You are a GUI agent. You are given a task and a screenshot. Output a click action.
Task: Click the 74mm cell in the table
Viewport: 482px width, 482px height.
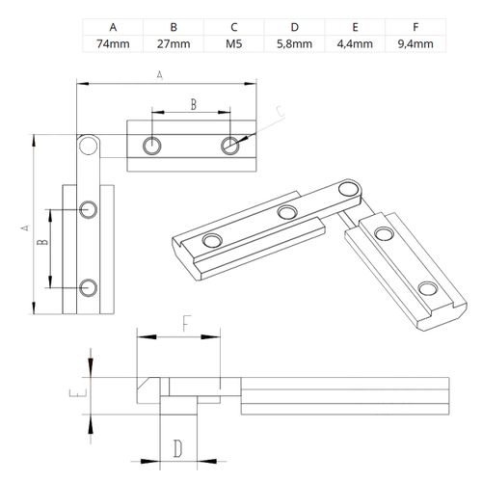113,43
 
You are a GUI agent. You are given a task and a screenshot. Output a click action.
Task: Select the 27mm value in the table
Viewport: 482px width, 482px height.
174,43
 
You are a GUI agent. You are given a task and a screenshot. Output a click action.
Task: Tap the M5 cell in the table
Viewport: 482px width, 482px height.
234,43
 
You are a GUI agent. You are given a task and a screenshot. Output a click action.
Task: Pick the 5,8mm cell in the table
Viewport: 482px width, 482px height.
294,43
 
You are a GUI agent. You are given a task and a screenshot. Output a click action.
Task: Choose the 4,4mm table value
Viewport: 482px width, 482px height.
355,43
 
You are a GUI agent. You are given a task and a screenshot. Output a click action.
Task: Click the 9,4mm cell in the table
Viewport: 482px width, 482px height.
415,43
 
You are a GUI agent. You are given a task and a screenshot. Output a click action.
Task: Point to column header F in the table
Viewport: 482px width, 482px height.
415,27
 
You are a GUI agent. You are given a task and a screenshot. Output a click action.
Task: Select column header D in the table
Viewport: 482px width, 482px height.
295,27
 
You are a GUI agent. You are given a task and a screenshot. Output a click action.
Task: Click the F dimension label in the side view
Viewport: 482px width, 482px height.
187,323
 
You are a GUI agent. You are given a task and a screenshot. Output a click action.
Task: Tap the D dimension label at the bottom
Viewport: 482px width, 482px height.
177,448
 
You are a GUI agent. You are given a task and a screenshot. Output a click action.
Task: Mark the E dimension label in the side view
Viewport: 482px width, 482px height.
78,392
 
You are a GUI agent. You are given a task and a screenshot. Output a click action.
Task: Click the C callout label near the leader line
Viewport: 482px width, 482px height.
281,111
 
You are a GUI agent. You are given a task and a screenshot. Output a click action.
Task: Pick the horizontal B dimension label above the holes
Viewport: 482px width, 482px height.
194,104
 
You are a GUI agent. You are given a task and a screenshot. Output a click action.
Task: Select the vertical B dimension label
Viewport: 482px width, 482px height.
42,242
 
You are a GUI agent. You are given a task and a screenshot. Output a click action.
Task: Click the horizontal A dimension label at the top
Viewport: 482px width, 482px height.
160,75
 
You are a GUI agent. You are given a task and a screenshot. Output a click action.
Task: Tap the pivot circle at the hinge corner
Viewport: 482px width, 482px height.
88,146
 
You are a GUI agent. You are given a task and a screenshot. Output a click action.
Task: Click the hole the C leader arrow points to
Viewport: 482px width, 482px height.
230,146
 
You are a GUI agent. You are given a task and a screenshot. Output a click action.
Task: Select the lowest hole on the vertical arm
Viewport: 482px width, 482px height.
88,288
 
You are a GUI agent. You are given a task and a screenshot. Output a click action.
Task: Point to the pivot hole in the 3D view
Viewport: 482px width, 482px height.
349,189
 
